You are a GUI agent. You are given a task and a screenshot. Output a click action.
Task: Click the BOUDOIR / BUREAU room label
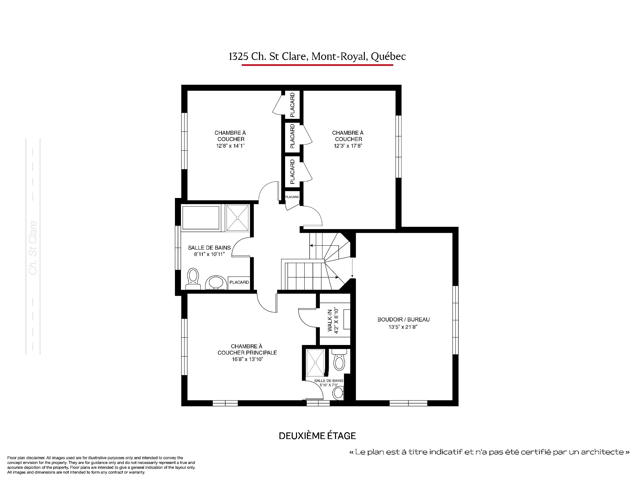(403, 319)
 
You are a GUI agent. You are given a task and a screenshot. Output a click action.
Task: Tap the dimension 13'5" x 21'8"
(403, 327)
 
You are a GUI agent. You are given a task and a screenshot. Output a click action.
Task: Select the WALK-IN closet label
(330, 320)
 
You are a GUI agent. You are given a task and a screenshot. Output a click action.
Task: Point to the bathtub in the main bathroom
(200, 218)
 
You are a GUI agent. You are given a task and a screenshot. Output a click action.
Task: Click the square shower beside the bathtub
(237, 218)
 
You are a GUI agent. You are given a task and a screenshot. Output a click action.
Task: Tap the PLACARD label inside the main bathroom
(239, 282)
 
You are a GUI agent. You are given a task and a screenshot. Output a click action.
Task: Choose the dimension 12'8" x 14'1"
(230, 146)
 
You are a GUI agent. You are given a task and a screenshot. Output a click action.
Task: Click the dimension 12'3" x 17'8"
(348, 146)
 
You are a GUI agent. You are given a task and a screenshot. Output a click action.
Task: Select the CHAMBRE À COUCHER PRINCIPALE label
(247, 350)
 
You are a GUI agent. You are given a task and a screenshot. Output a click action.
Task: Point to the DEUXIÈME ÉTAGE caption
(317, 436)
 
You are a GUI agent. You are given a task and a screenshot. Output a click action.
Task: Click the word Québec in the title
(388, 57)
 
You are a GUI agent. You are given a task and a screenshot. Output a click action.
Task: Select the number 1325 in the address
(238, 57)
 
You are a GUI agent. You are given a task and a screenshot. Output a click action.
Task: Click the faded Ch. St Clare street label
(33, 248)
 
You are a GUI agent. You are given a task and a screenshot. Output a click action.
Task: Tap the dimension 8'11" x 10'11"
(209, 255)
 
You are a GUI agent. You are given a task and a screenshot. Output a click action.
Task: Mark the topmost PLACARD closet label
(292, 105)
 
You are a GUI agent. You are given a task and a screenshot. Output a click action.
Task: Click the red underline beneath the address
(317, 65)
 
